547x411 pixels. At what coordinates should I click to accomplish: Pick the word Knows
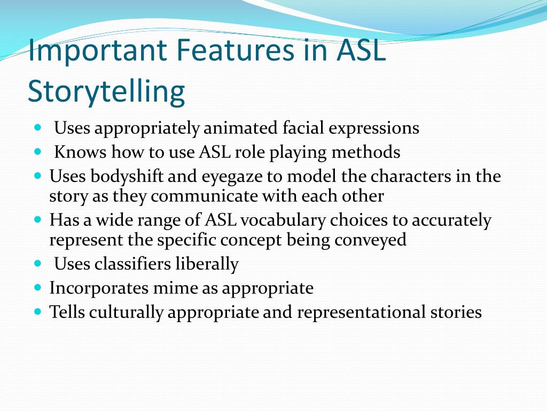[80, 153]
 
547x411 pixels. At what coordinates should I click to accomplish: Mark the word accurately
[443, 220]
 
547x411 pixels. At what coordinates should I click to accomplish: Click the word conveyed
[371, 240]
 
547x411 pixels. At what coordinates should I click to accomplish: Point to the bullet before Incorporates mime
[37, 287]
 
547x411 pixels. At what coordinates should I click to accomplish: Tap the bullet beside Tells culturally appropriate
[37, 311]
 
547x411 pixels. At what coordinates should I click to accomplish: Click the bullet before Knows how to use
[37, 152]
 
